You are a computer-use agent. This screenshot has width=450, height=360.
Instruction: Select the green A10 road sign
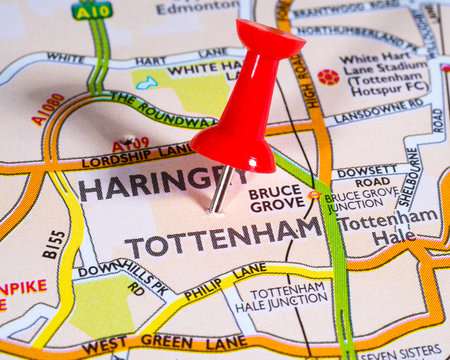[92, 11]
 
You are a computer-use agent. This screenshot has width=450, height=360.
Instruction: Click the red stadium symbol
[328, 76]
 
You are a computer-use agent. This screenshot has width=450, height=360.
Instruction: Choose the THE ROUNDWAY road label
[160, 109]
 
